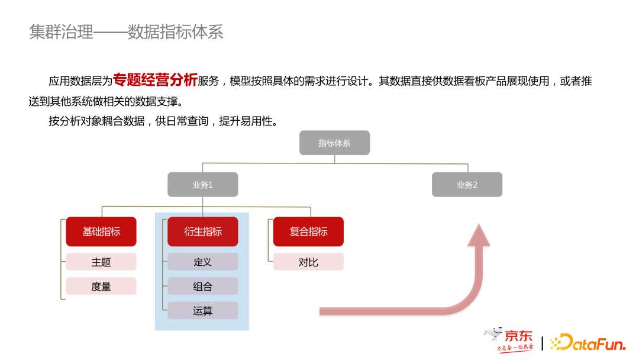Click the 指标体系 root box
tap(334, 143)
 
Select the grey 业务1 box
tap(202, 185)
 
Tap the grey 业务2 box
tap(467, 185)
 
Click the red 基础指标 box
tap(101, 232)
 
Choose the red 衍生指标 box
tap(202, 232)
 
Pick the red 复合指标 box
tap(308, 232)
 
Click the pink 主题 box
tap(101, 262)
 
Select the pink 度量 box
tap(101, 287)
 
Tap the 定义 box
tap(202, 262)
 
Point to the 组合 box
tap(202, 287)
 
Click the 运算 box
tap(202, 311)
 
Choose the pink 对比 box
tap(308, 262)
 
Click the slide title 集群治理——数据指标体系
tap(126, 32)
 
